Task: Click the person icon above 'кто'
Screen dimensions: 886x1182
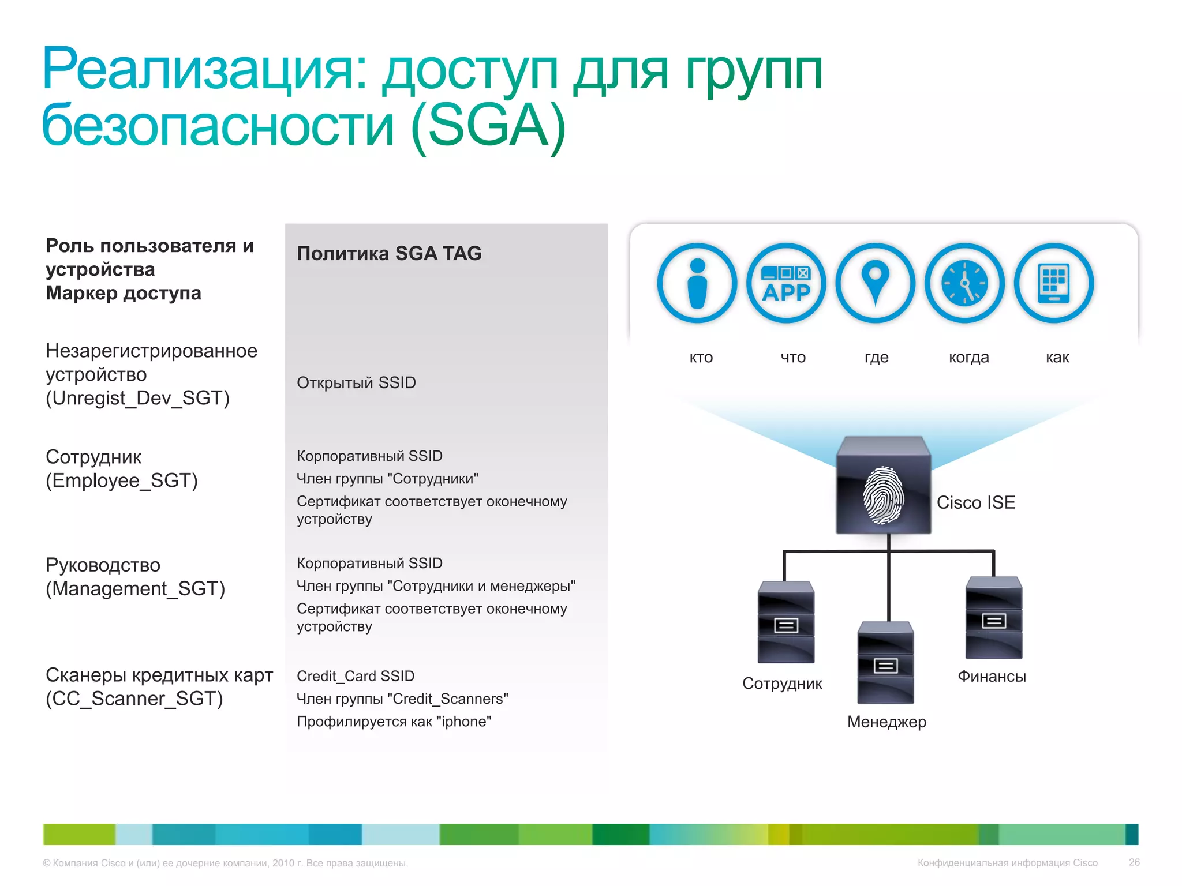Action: [x=697, y=283]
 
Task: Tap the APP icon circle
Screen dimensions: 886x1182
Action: [x=786, y=283]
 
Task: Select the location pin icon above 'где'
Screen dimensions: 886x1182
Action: [x=875, y=283]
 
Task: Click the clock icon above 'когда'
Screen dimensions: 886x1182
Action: [x=964, y=283]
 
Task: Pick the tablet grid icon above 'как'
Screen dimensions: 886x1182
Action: [x=1053, y=283]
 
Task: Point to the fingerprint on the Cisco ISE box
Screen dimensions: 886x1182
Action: [x=882, y=495]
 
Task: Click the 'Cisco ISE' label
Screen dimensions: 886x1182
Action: [x=975, y=502]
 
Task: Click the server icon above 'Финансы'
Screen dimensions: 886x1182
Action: [x=993, y=618]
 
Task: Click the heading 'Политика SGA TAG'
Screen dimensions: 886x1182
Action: [x=389, y=253]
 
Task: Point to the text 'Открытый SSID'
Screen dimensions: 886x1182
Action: [x=356, y=382]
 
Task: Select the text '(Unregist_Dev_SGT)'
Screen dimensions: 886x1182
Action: [x=137, y=398]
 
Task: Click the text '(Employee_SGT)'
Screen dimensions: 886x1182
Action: [x=122, y=480]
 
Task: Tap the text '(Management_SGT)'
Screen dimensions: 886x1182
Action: [x=135, y=588]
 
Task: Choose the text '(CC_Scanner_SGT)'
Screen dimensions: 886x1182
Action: [x=134, y=699]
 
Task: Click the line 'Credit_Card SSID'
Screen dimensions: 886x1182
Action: [x=356, y=676]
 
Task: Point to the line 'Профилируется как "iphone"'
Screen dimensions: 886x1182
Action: [x=394, y=722]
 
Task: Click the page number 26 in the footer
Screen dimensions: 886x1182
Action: [x=1134, y=862]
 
